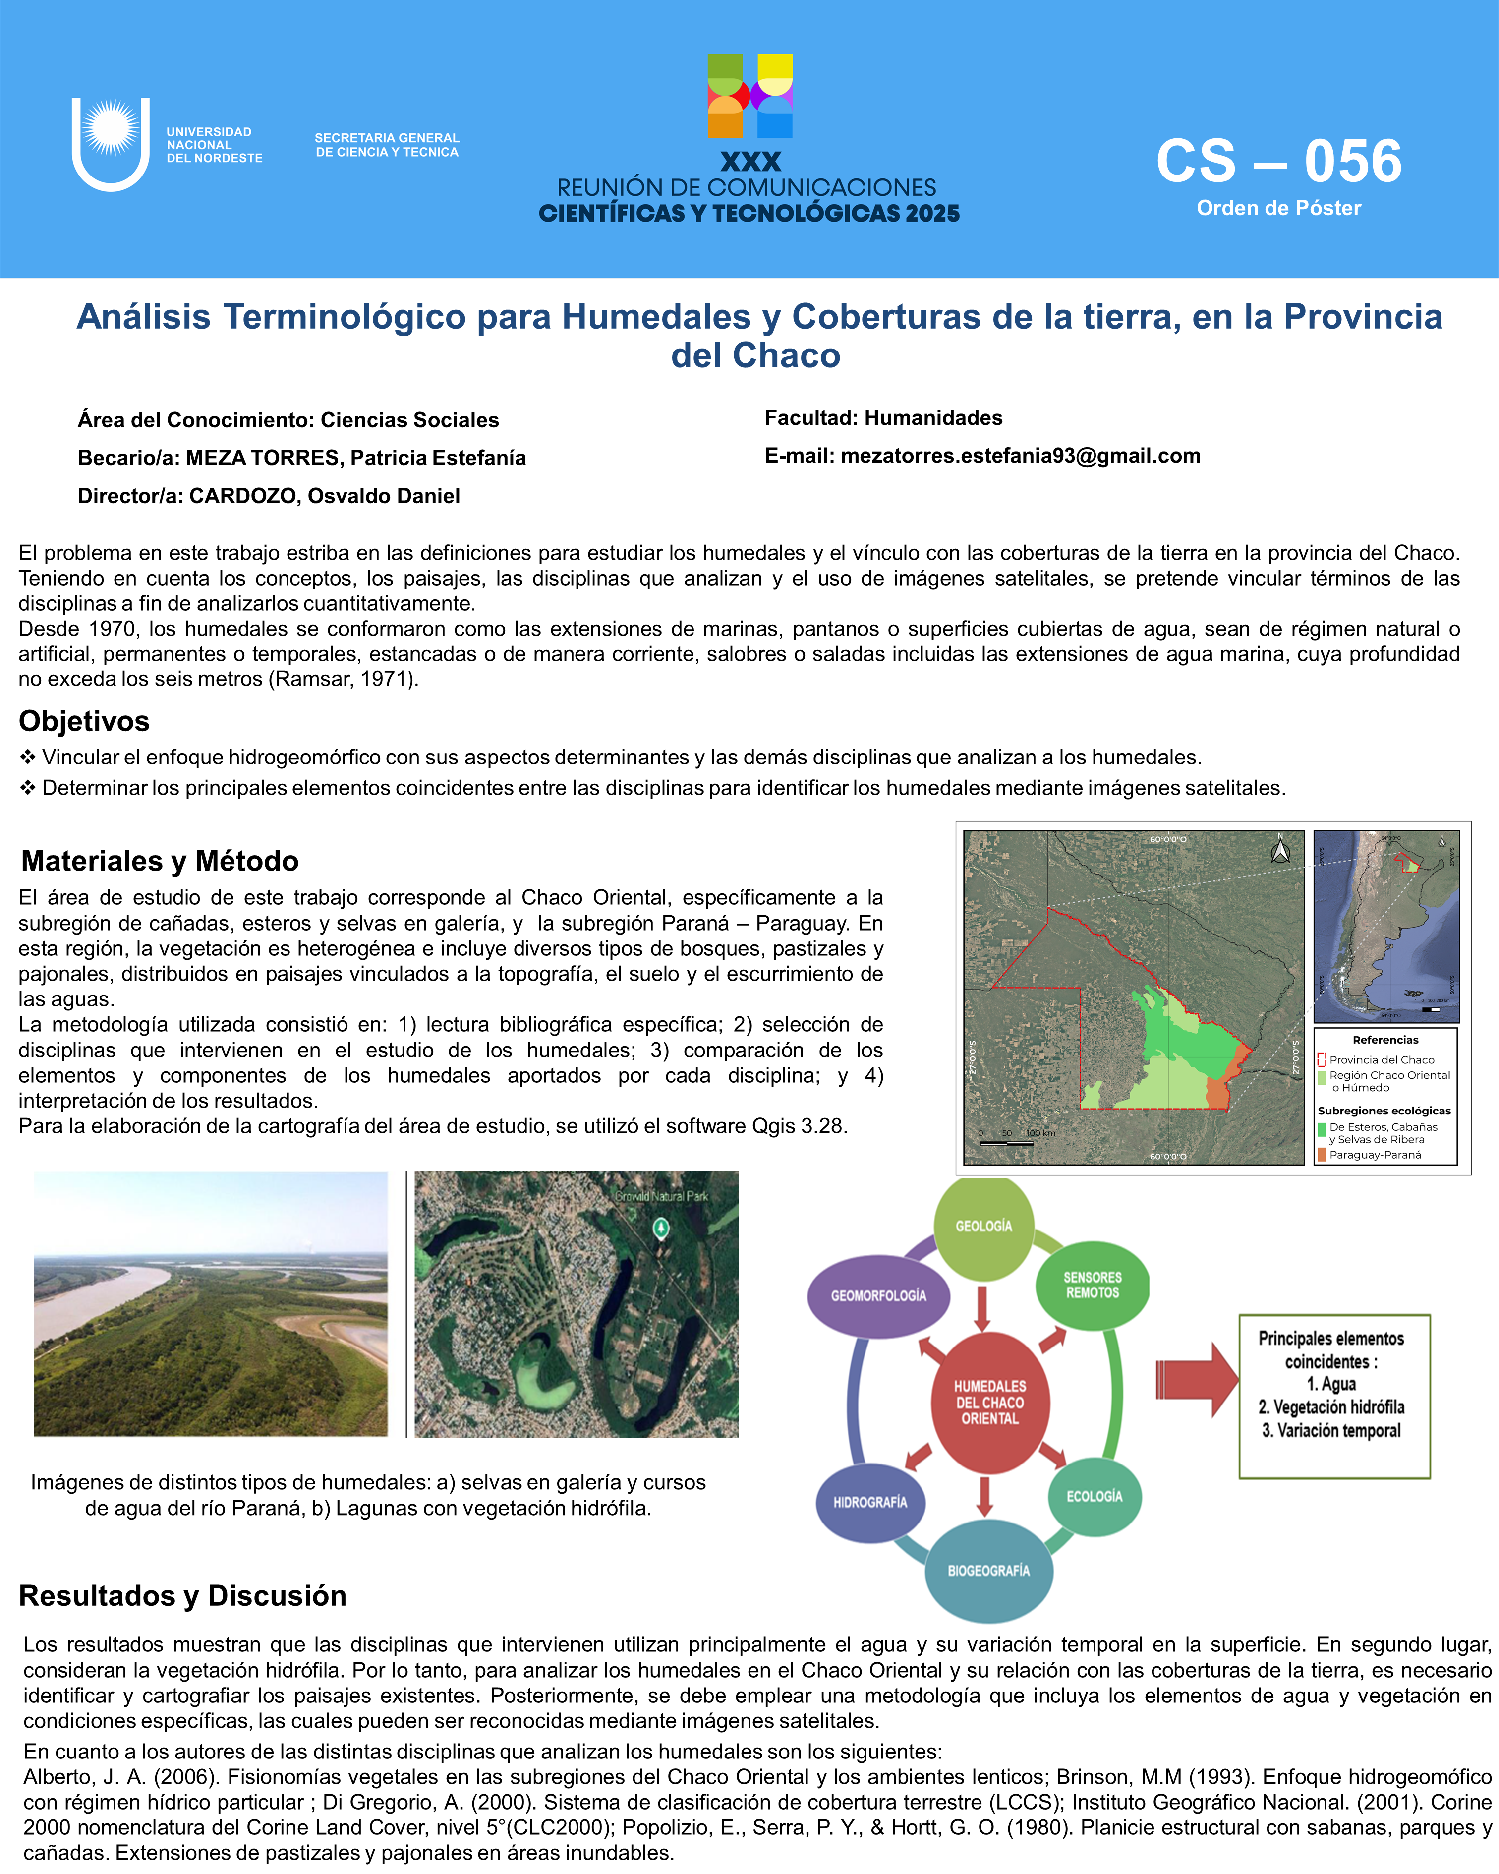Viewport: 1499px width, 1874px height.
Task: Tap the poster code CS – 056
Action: pos(1278,162)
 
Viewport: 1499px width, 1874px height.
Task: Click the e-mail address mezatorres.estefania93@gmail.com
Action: pos(1020,456)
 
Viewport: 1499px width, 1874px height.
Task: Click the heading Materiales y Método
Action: pos(160,861)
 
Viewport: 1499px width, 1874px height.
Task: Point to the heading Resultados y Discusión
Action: pos(182,1596)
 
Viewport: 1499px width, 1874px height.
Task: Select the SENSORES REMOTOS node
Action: pos(1093,1285)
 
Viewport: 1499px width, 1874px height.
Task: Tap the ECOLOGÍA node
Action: pos(1094,1496)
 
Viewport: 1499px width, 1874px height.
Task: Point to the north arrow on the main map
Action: pos(1280,849)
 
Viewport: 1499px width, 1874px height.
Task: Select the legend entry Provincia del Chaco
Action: pos(1381,1059)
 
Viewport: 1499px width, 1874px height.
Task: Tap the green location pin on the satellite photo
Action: pos(661,1228)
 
